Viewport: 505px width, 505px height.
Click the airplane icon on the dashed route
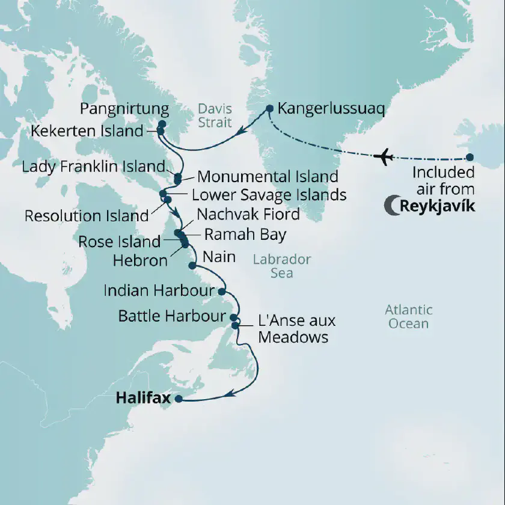[x=383, y=158]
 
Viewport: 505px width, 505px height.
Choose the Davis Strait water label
[x=215, y=116]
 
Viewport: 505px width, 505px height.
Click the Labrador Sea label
[x=281, y=266]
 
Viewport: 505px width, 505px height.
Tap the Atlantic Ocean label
[x=408, y=317]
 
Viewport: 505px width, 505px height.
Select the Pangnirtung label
[x=123, y=109]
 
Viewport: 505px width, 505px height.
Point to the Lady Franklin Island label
[x=93, y=167]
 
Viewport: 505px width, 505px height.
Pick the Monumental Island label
[x=268, y=177]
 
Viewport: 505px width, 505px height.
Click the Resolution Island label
[x=86, y=215]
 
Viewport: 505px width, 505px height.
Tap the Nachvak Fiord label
[x=248, y=214]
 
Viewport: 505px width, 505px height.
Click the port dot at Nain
[x=192, y=265]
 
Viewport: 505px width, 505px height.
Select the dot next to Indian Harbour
[x=221, y=292]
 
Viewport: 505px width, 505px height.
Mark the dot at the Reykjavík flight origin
[x=470, y=158]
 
